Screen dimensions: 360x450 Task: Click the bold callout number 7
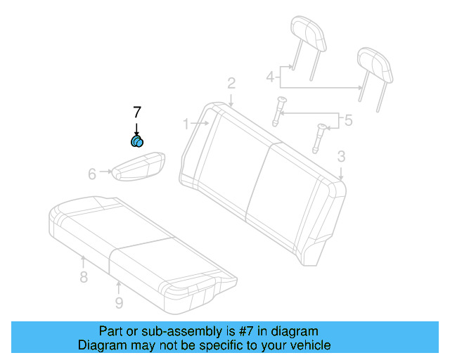[137, 111]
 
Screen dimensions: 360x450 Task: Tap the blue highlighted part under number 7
[138, 142]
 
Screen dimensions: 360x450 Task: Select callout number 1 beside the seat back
[186, 124]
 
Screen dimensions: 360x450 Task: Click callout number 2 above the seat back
[231, 84]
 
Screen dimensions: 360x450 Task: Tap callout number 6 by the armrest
[92, 174]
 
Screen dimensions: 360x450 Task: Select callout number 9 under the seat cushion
[119, 303]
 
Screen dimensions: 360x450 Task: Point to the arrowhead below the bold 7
[137, 132]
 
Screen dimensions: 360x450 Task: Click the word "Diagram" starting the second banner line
[102, 345]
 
